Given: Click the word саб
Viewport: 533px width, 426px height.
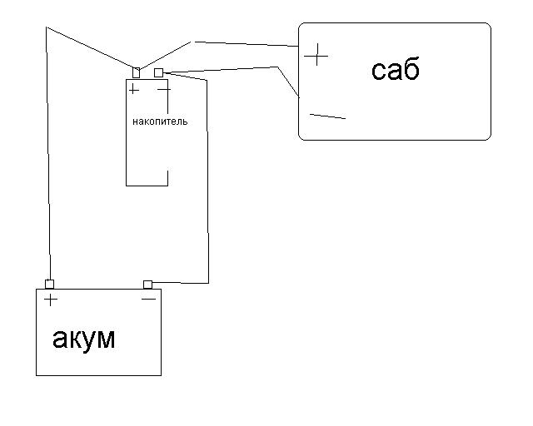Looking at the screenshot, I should point(396,70).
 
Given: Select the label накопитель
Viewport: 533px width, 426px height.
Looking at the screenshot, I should point(160,121).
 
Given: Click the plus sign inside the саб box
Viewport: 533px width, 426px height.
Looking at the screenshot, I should point(316,56).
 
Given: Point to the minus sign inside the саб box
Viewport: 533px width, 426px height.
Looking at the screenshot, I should point(326,116).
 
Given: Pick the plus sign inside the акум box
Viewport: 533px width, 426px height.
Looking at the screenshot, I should point(51,300).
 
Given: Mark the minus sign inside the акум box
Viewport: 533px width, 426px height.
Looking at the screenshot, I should point(148,298).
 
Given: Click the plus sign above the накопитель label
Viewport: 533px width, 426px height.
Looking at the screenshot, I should point(134,89).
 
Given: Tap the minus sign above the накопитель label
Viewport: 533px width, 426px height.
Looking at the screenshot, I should point(164,88).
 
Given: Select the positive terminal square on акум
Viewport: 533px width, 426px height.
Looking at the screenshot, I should point(50,285).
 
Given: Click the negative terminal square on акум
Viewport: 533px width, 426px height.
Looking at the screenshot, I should point(148,285).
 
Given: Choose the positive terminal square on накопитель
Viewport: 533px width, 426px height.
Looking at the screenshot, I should point(137,72).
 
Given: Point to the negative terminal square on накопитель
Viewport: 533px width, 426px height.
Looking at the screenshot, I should point(158,73).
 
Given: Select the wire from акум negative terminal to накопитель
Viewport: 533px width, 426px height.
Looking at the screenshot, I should point(207,183).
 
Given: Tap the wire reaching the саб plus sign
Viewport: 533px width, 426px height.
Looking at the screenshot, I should point(246,42).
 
